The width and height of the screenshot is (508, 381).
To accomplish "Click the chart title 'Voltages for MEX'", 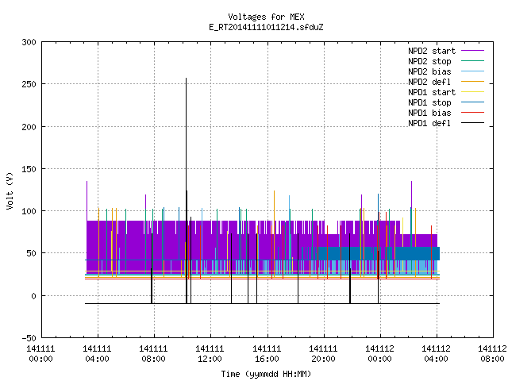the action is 266,17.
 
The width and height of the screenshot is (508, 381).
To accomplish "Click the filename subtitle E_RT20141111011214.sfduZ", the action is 266,27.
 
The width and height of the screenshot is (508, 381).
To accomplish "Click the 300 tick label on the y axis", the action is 29,42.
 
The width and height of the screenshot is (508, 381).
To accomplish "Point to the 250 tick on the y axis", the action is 29,84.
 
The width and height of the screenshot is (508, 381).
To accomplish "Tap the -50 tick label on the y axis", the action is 29,338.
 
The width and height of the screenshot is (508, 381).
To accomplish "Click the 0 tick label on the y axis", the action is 33,296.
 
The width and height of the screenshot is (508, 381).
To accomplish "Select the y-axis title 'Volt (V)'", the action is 10,190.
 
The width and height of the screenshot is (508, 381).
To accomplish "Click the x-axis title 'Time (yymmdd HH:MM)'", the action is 266,374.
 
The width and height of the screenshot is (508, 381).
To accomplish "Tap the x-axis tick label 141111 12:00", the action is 210,354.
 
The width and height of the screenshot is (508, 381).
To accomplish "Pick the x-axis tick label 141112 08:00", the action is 492,354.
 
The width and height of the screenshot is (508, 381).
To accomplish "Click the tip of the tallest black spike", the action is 186,78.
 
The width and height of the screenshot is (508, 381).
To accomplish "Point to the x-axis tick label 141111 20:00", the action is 323,354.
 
